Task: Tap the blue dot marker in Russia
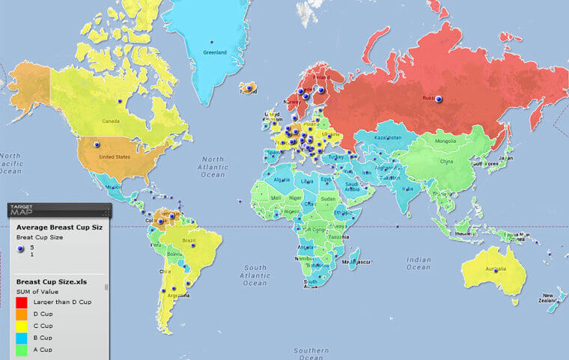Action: pyautogui.click(x=439, y=99)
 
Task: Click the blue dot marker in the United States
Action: pyautogui.click(x=96, y=144)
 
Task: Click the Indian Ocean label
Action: pyautogui.click(x=419, y=263)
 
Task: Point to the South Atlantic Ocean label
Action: pyautogui.click(x=255, y=275)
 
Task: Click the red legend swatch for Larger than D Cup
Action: pyautogui.click(x=23, y=302)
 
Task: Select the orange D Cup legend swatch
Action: pyautogui.click(x=23, y=314)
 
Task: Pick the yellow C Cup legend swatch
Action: pyautogui.click(x=23, y=326)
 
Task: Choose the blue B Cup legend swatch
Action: pyautogui.click(x=23, y=338)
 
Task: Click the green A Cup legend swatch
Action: pyautogui.click(x=23, y=350)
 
